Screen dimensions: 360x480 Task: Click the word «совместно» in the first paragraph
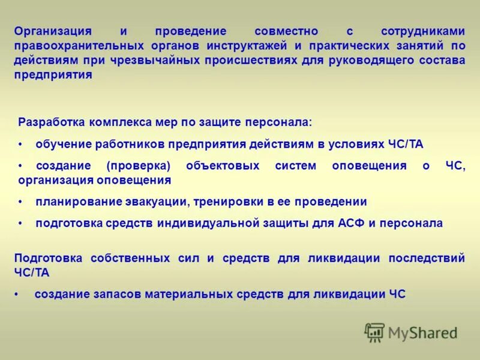[286, 31]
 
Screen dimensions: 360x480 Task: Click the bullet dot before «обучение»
[20, 145]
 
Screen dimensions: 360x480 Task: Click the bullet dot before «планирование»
[20, 202]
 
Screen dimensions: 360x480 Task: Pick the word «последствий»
[427, 258]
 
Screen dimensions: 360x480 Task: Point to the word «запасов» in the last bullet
[115, 294]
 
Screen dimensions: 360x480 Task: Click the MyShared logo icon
[374, 332]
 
